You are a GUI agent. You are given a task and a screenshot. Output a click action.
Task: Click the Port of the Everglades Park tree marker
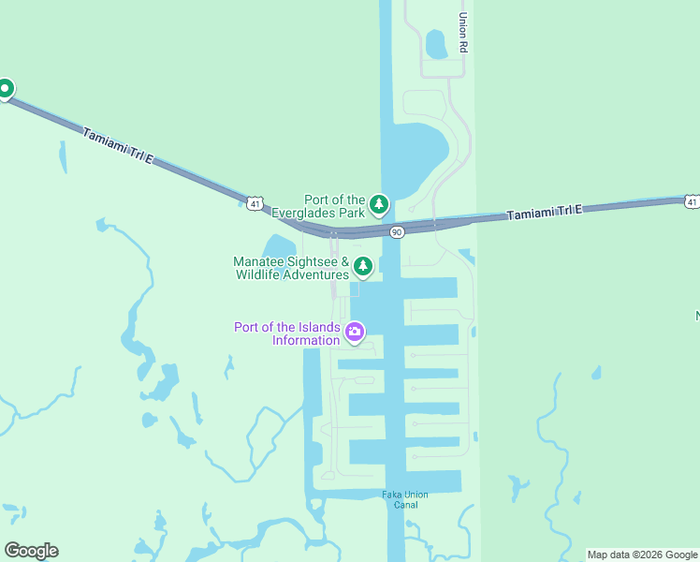(378, 203)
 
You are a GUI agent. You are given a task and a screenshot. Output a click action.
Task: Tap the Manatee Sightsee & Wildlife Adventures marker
(363, 267)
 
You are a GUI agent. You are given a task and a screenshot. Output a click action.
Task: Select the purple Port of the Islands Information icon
(355, 331)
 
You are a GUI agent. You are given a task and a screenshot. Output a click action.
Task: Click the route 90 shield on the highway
(397, 231)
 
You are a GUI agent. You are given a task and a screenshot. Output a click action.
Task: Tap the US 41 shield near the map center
(255, 203)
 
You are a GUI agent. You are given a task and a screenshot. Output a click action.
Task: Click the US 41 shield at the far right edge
(691, 201)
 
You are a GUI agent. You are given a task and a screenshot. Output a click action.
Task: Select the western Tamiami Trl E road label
(118, 147)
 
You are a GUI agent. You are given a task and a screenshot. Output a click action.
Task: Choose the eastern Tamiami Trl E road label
(545, 212)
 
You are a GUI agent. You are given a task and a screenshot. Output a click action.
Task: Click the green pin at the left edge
(5, 89)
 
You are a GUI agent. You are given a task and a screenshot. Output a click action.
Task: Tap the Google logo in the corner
(31, 551)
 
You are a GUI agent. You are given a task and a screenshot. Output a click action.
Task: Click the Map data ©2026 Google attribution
(642, 555)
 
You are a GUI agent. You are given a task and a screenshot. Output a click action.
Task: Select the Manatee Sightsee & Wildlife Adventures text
(291, 268)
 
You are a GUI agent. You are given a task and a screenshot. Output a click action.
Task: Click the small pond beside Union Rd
(435, 43)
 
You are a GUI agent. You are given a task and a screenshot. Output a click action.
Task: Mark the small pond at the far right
(596, 373)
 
